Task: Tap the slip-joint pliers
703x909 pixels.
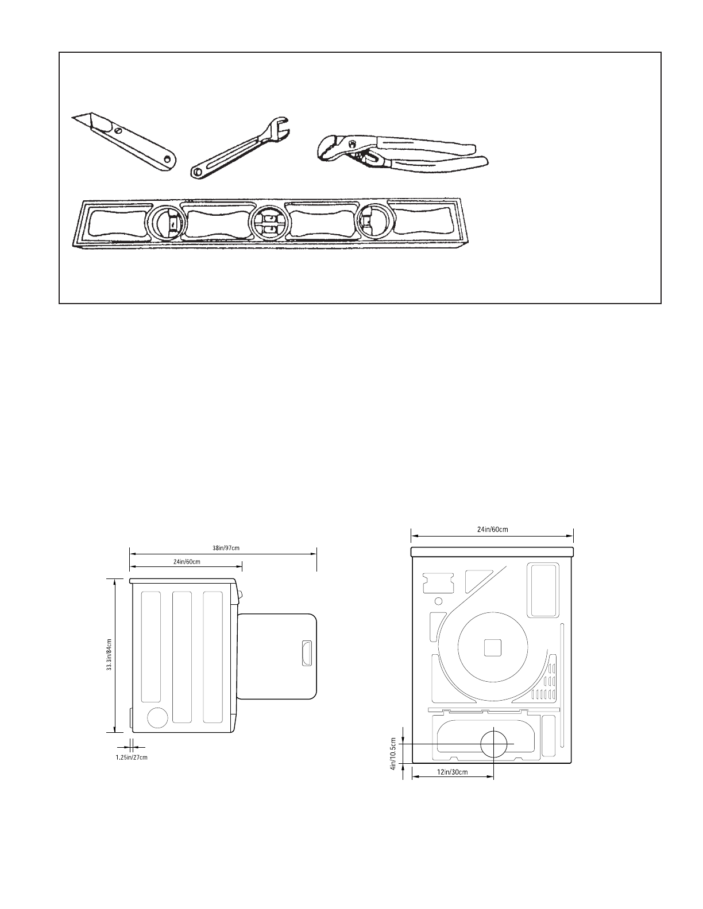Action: click(x=402, y=152)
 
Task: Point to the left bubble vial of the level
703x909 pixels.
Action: click(x=166, y=223)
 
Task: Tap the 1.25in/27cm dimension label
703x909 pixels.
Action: click(x=132, y=757)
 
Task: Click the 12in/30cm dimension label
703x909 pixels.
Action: click(x=453, y=772)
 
